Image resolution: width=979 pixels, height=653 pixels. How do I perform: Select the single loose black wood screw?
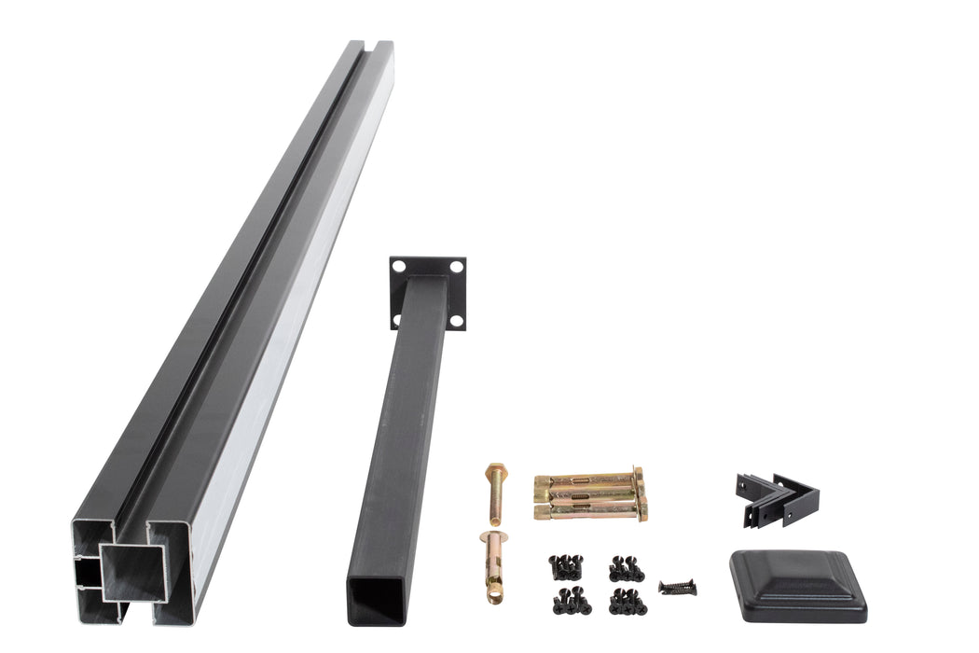(677, 588)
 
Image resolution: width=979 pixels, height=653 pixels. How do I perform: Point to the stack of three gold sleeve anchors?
(589, 495)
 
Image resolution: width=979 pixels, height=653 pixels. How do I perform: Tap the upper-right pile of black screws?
(627, 568)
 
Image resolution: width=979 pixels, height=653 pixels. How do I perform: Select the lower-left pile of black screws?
(571, 602)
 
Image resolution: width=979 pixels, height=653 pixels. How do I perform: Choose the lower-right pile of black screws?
(627, 602)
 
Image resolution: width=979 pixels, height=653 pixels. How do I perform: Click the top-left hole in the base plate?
(399, 266)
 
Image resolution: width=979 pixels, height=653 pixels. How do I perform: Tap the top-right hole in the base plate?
(457, 267)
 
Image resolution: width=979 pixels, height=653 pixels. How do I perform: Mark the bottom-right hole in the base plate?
(456, 321)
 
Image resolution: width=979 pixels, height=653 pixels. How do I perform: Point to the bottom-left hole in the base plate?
(398, 320)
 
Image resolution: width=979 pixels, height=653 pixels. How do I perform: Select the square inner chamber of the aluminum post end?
(131, 577)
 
